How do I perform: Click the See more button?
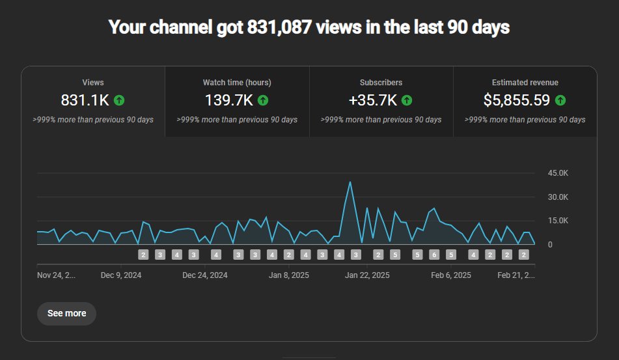(x=66, y=313)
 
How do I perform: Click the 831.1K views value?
(x=85, y=100)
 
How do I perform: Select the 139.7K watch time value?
(x=228, y=100)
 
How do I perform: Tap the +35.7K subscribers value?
(x=373, y=100)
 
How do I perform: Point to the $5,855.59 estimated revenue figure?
(x=517, y=100)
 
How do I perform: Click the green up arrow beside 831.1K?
(x=118, y=100)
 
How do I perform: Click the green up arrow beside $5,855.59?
(x=560, y=100)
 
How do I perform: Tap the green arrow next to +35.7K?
(x=406, y=100)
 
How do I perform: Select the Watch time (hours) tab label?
(x=237, y=83)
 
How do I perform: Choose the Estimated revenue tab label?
(x=525, y=83)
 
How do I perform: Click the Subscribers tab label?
(x=381, y=83)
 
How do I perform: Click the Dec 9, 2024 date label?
(x=121, y=275)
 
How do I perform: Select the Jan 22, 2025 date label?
(x=367, y=275)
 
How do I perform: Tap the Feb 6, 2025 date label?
(x=450, y=275)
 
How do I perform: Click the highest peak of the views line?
(x=350, y=182)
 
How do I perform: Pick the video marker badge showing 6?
(x=434, y=255)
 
